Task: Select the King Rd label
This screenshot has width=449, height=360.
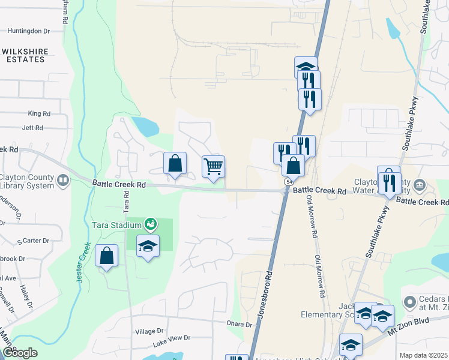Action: [x=38, y=113]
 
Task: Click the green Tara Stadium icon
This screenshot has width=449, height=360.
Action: [x=151, y=224]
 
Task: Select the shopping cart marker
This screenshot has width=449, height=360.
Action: [x=213, y=167]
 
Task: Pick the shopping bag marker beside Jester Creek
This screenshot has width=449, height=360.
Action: [x=106, y=256]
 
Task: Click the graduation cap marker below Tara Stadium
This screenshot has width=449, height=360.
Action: [x=148, y=246]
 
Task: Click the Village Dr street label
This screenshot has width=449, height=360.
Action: [x=149, y=331]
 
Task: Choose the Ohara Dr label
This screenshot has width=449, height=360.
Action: [x=240, y=325]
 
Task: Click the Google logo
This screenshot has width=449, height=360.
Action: [x=19, y=353]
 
